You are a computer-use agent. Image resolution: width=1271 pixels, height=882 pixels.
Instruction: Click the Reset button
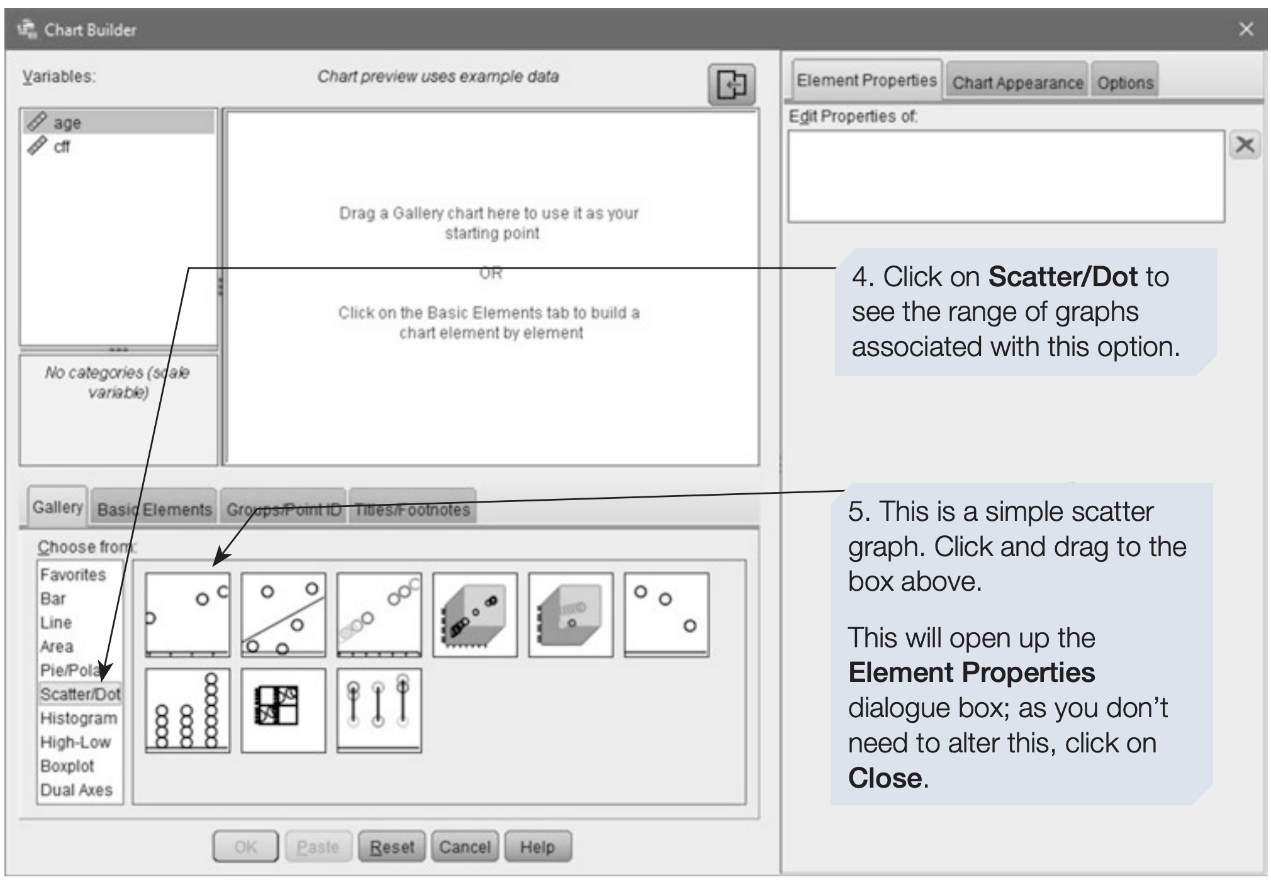pos(391,847)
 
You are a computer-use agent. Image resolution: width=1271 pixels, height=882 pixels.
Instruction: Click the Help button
pos(538,847)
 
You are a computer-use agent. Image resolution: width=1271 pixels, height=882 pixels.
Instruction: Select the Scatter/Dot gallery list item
pos(80,694)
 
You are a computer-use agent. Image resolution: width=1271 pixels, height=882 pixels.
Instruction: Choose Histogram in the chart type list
pos(79,718)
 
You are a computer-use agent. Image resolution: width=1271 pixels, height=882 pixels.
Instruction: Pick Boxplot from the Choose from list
pos(67,766)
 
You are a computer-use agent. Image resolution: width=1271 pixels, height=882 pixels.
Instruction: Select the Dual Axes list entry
pos(76,790)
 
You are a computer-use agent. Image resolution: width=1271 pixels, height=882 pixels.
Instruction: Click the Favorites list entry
pos(73,574)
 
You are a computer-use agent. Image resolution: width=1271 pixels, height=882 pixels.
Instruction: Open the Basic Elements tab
pos(154,508)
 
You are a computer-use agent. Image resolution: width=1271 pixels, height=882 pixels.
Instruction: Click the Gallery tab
pos(57,506)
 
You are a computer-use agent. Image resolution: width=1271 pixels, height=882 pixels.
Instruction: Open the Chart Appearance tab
pos(1017,82)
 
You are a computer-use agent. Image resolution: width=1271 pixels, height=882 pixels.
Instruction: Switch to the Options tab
pos(1125,82)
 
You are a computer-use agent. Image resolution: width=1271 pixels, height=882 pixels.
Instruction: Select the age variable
pos(67,122)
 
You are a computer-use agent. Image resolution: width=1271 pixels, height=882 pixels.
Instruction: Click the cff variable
pos(61,147)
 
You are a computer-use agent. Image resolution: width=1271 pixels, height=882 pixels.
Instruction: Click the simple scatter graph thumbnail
pos(188,615)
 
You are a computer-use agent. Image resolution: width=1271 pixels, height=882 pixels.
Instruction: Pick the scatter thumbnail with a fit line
pos(283,615)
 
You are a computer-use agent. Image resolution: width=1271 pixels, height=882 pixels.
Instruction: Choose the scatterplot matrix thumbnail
pos(283,710)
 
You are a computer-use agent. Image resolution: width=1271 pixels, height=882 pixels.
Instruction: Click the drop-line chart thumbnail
pos(379,710)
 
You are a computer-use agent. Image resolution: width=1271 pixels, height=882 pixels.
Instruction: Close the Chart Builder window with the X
pos(1246,29)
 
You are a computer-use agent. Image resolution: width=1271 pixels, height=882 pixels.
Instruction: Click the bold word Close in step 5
pos(885,778)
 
